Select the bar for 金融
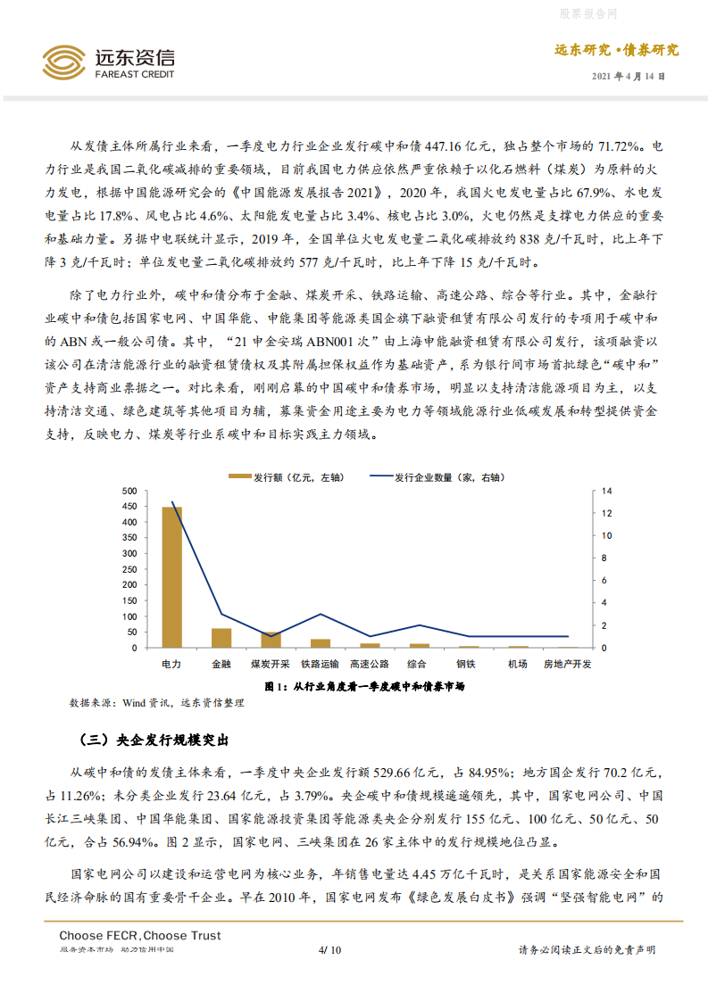click(x=221, y=637)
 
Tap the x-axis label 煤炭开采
click(x=270, y=665)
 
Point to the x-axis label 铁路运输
click(x=320, y=665)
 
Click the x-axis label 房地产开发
click(x=568, y=665)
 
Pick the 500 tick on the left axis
click(x=128, y=492)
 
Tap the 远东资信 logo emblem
click(x=64, y=62)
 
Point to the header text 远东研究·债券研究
click(x=617, y=51)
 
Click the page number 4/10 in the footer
click(x=329, y=950)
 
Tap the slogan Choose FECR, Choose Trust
click(x=140, y=935)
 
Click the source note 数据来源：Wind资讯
click(x=155, y=703)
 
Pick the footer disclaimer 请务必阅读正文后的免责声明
click(x=587, y=950)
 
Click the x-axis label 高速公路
click(x=369, y=665)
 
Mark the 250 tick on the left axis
click(x=128, y=569)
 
